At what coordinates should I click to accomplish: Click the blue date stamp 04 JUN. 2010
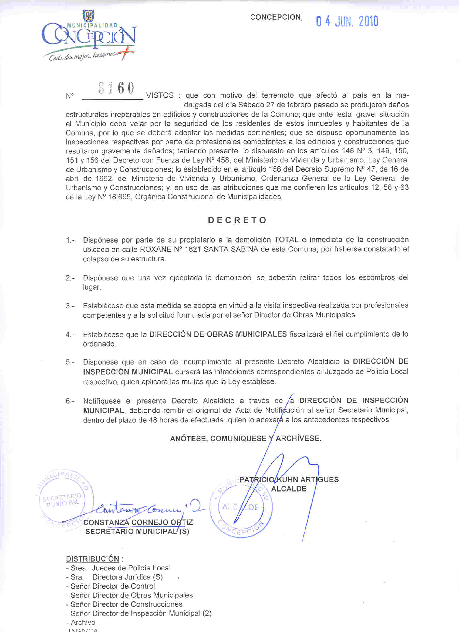pos(347,21)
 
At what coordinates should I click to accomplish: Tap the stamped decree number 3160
pos(116,88)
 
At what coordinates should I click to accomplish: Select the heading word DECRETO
pos(237,220)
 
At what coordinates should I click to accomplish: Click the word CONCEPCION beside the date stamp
pos(276,17)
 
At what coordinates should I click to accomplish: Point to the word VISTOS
pos(160,96)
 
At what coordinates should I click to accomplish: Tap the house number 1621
pos(193,249)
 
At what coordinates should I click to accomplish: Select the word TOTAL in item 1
pos(286,240)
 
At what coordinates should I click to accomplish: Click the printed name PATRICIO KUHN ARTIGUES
pos(289,480)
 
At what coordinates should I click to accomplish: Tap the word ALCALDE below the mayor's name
pos(289,489)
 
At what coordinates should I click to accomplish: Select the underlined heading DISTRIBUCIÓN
pos(92,559)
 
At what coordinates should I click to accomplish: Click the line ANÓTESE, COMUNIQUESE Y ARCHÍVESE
pos(246,438)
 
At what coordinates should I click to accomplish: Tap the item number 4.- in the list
pos(70,334)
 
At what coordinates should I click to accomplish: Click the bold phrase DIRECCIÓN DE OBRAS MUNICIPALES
pos(218,334)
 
